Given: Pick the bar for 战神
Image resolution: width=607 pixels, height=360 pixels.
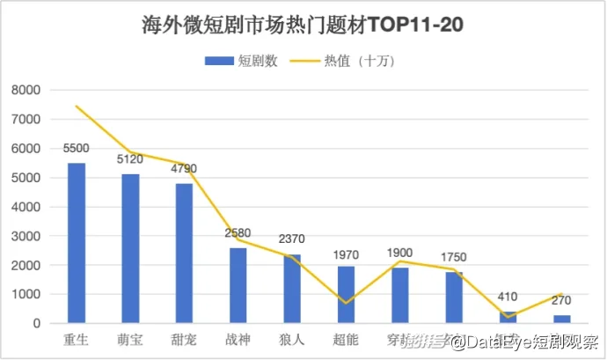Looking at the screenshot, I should point(238,285).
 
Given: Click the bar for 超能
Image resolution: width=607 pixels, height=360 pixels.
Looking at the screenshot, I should point(346,294).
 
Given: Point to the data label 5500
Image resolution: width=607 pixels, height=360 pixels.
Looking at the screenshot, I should point(77,149).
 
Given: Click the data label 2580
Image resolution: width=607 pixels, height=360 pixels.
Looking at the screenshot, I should point(238,233).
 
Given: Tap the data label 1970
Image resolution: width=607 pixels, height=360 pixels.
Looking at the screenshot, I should point(346,254).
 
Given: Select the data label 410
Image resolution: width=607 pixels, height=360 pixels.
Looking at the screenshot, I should point(508,298).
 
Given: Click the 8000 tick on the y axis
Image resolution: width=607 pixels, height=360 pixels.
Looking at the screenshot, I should point(26,90).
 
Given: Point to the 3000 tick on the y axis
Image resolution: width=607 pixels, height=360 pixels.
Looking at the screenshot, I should point(26,236).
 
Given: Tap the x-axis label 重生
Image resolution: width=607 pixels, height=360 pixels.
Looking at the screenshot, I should point(77,339).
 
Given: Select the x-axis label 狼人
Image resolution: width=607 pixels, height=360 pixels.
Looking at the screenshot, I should point(292,339).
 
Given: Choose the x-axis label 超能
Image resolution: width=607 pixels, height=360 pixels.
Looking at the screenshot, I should point(346,339).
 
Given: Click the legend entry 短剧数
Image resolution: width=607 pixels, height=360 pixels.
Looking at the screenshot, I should point(242,61).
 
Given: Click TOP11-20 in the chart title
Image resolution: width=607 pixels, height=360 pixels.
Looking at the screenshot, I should point(415,25).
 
